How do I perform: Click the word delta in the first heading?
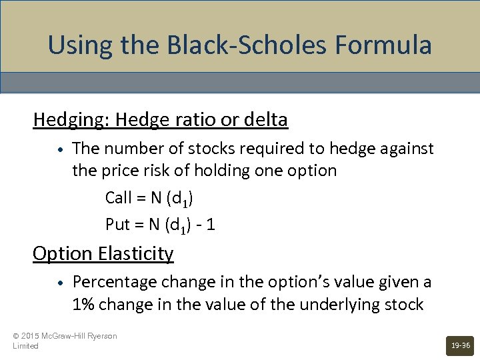pos(266,120)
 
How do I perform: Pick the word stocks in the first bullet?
pos(207,148)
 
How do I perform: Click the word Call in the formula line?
pos(119,198)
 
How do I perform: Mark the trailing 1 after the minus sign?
pos(211,225)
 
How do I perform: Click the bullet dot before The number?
pos(60,149)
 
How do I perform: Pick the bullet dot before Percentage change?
pos(60,283)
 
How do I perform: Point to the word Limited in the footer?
pos(26,346)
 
